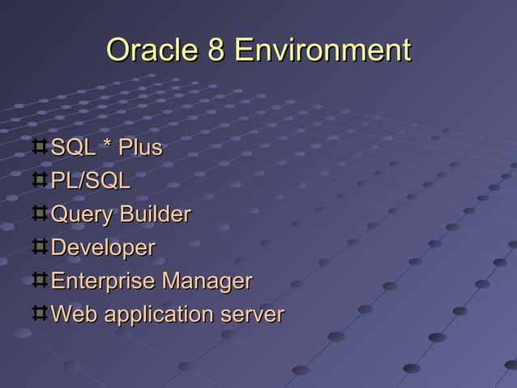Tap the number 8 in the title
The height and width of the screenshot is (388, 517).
click(216, 50)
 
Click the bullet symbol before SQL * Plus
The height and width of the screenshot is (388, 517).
click(40, 148)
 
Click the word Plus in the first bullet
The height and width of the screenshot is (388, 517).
click(140, 149)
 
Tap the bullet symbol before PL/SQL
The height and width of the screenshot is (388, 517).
click(40, 181)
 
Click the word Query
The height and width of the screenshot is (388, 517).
click(82, 216)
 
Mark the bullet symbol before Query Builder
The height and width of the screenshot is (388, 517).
click(40, 214)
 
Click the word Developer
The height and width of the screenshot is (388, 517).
click(102, 248)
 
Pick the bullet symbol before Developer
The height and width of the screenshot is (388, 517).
click(40, 248)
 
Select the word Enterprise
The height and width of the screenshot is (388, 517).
click(103, 282)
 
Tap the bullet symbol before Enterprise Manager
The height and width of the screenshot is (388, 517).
click(40, 281)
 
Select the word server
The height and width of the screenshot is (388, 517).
click(254, 315)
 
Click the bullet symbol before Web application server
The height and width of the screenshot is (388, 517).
click(40, 313)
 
